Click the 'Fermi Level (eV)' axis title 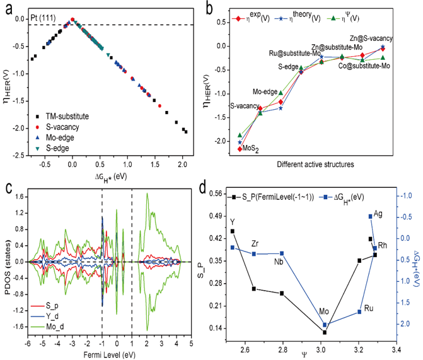click(x=105, y=352)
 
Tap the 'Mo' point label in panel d click(x=323, y=313)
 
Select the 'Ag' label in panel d click(x=378, y=214)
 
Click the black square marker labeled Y click(x=233, y=231)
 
